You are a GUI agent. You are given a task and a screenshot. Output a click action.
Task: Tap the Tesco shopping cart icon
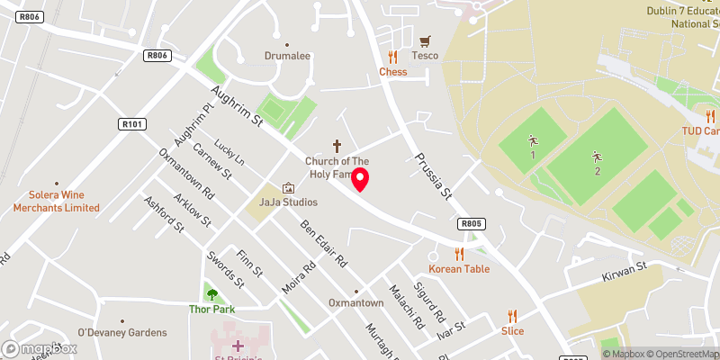(x=426, y=41)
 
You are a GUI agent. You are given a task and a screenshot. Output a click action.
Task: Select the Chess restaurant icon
(x=392, y=57)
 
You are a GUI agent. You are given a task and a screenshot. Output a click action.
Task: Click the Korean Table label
(x=459, y=269)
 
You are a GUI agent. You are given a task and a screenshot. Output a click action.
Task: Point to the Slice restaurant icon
(x=512, y=316)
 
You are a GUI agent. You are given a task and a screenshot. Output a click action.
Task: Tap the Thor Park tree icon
(x=211, y=293)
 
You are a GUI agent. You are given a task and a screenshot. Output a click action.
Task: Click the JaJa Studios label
(x=288, y=202)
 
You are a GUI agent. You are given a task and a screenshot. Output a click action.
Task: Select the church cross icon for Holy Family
(x=337, y=145)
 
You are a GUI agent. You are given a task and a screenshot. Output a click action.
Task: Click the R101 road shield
(x=130, y=124)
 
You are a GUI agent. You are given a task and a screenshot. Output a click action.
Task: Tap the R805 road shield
(x=471, y=223)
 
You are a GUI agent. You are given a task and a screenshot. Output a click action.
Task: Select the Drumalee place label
(x=287, y=56)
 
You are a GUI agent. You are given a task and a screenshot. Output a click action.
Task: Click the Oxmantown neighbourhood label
(x=356, y=303)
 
